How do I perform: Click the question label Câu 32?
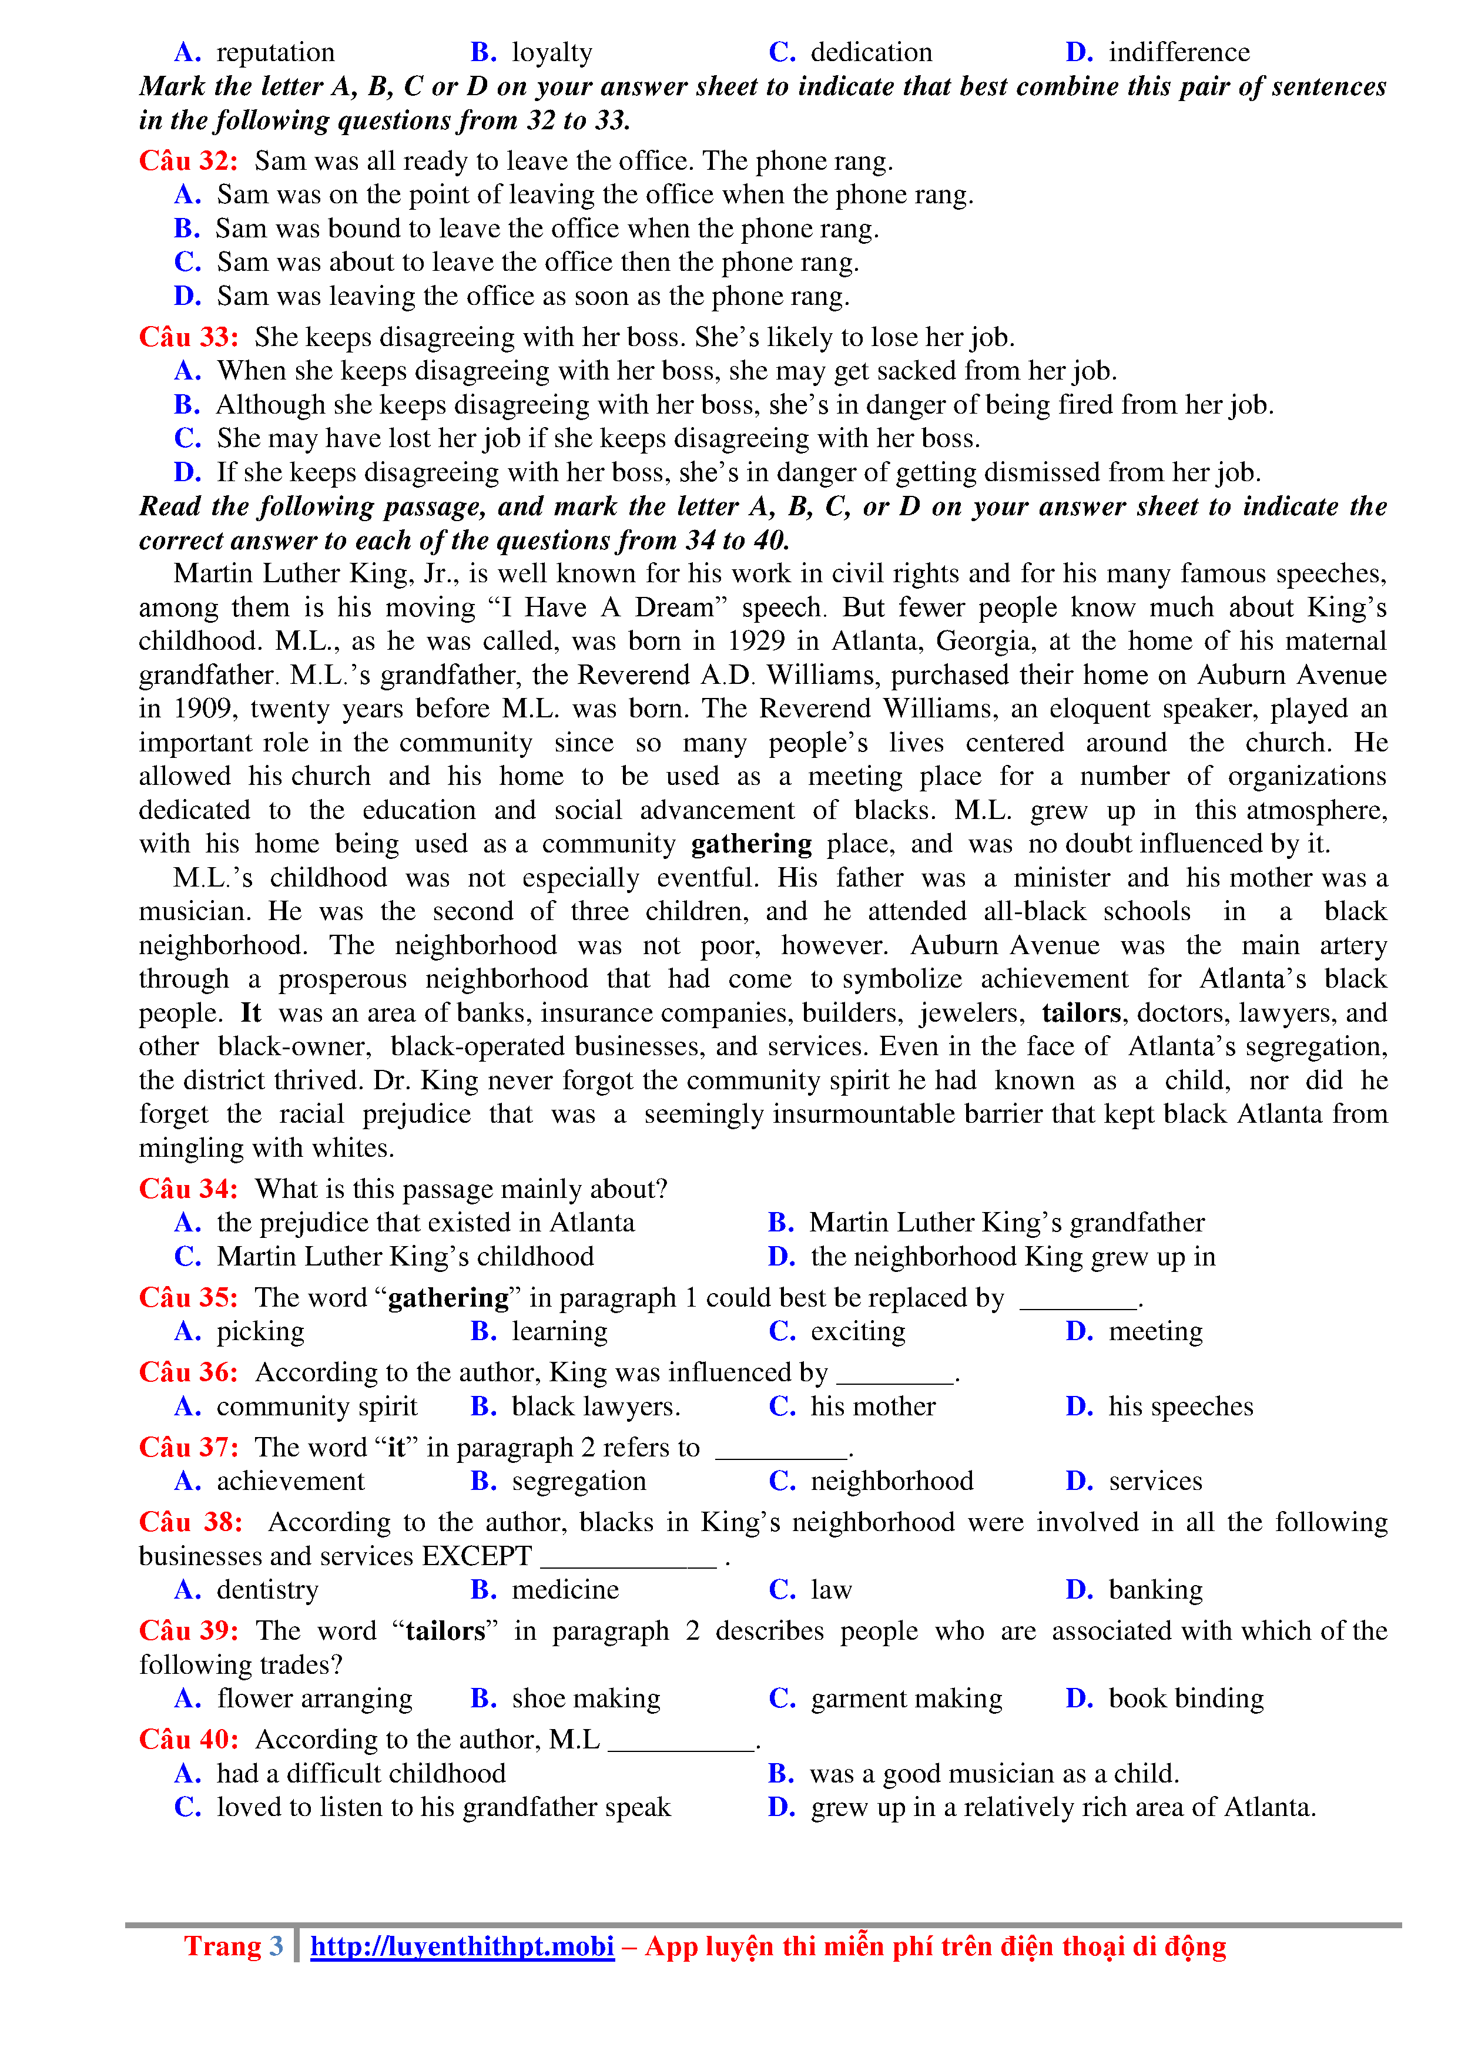click(187, 160)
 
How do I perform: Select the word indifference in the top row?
click(1179, 52)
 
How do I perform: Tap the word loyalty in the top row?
click(551, 52)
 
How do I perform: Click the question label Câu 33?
click(187, 337)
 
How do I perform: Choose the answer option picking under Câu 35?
click(260, 1331)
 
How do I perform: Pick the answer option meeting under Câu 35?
click(1155, 1331)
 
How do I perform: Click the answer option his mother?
click(873, 1406)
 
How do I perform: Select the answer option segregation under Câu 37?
click(578, 1481)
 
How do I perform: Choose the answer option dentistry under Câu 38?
click(267, 1590)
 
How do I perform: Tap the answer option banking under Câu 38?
click(1155, 1590)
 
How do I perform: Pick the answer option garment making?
click(906, 1699)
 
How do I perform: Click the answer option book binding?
click(1185, 1699)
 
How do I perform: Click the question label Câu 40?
click(187, 1740)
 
